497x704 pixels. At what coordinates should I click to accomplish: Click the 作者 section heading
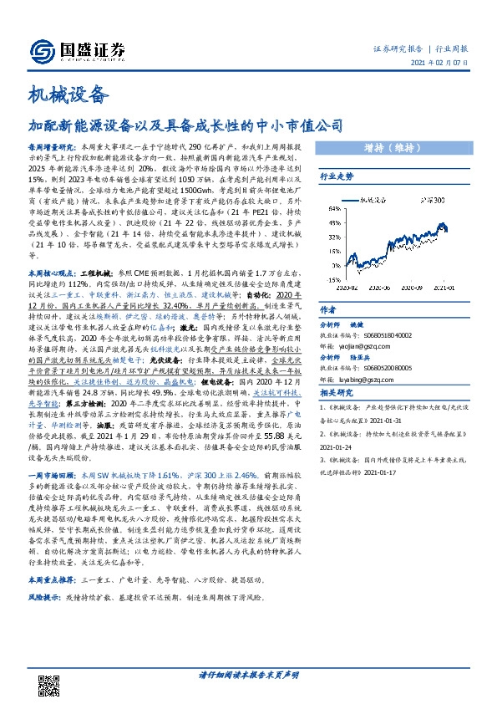(x=328, y=309)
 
